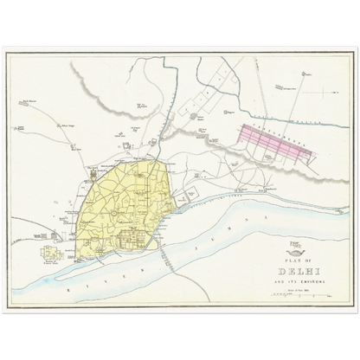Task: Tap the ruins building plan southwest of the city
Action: point(56,254)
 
